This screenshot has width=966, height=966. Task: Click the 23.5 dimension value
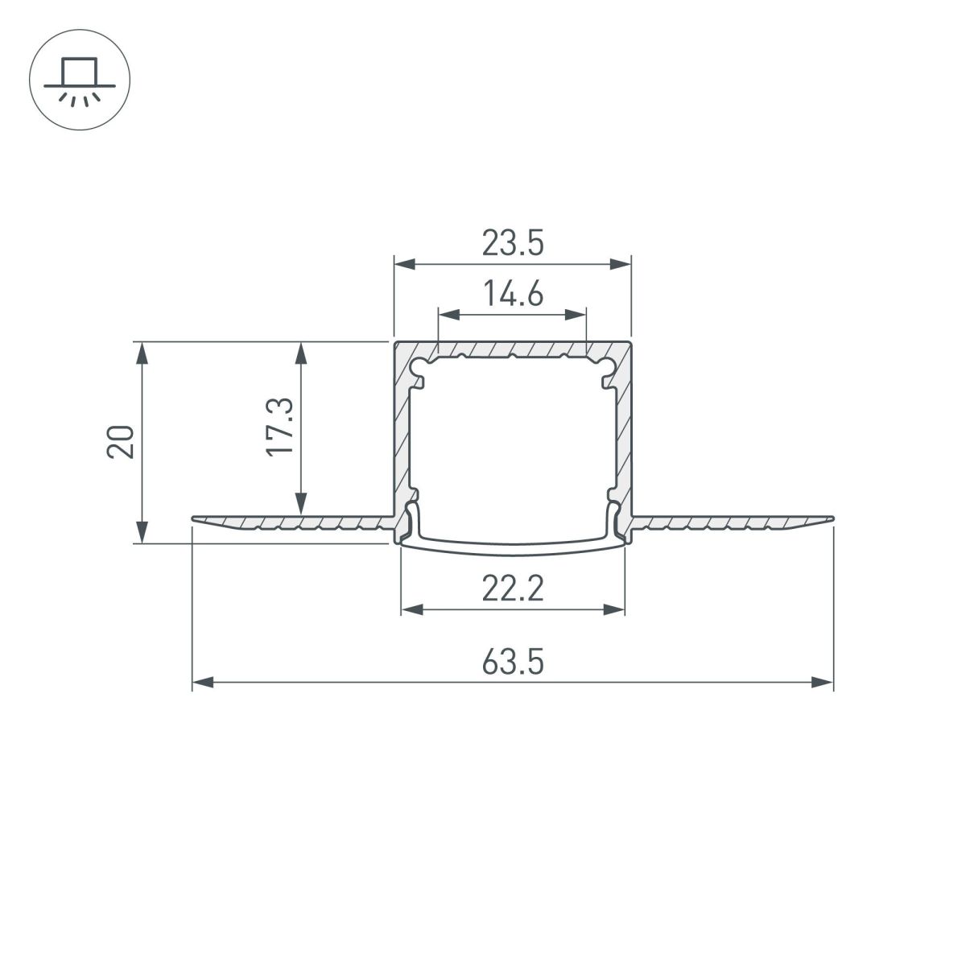pos(513,242)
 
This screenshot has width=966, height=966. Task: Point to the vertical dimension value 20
pos(121,442)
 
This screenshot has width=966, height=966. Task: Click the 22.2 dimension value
pos(513,590)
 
